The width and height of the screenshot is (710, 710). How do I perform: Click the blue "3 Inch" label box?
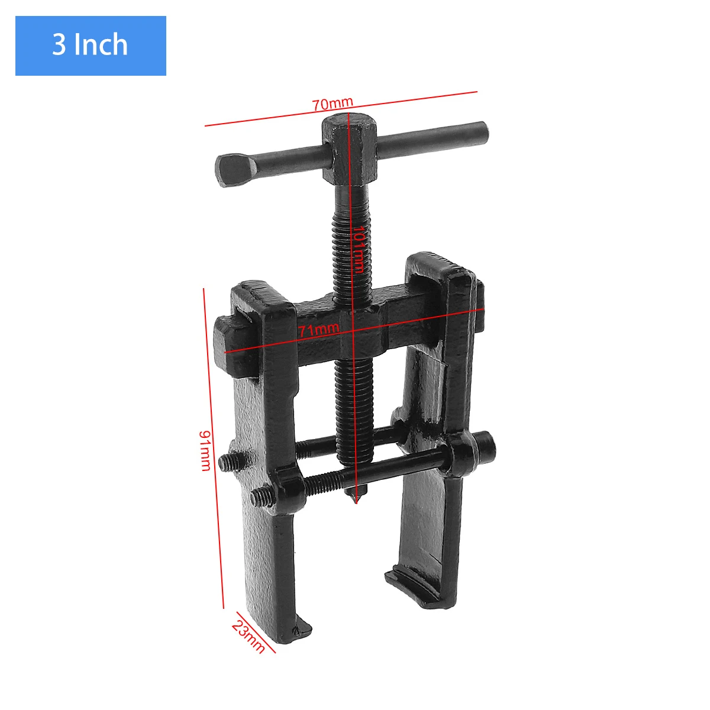(x=91, y=46)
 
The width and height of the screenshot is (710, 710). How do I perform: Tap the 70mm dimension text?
(x=333, y=104)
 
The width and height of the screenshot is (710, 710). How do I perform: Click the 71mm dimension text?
(x=319, y=329)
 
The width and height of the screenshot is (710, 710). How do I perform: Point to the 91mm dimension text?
(x=205, y=451)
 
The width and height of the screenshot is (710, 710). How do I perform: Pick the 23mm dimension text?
(x=248, y=636)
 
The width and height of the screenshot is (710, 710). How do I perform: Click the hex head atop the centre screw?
(x=350, y=149)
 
